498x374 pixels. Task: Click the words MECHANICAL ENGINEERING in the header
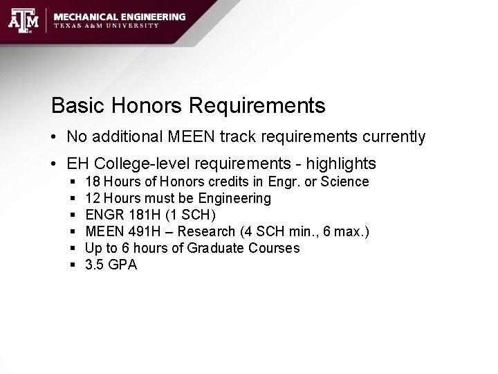point(120,16)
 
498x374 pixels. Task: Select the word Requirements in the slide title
point(256,106)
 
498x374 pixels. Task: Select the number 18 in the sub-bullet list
point(92,182)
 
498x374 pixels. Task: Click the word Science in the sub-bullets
point(346,182)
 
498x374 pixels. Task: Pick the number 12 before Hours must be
point(92,199)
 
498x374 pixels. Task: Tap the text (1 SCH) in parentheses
point(190,215)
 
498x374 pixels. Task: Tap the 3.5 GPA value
point(111,265)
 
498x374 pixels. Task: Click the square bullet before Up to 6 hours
point(73,248)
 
